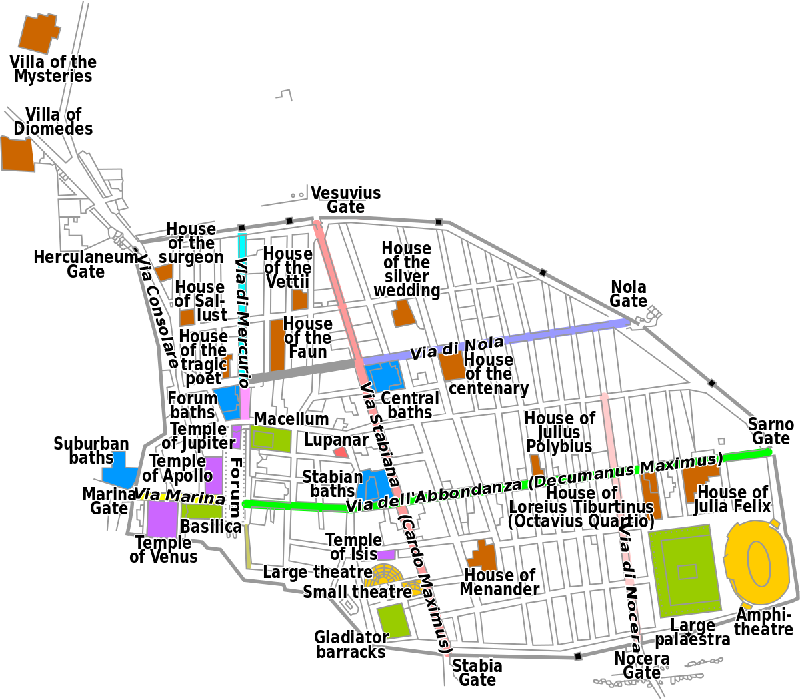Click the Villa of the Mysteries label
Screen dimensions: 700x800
[53, 69]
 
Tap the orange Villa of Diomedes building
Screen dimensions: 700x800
[16, 154]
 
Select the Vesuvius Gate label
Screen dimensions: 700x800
[346, 200]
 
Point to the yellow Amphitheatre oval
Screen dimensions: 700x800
[758, 560]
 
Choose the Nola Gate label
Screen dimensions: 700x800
[629, 294]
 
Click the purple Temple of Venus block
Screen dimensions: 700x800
[162, 518]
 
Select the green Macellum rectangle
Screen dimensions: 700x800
[272, 440]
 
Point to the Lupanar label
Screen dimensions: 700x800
[336, 440]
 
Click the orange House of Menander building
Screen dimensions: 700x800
[483, 555]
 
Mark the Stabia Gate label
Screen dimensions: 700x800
[477, 673]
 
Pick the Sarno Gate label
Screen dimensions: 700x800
[771, 432]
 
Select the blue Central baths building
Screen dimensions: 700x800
[385, 378]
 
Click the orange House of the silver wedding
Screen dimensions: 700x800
[403, 313]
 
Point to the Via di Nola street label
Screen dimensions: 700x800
[457, 348]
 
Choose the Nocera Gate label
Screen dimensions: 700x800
[641, 665]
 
